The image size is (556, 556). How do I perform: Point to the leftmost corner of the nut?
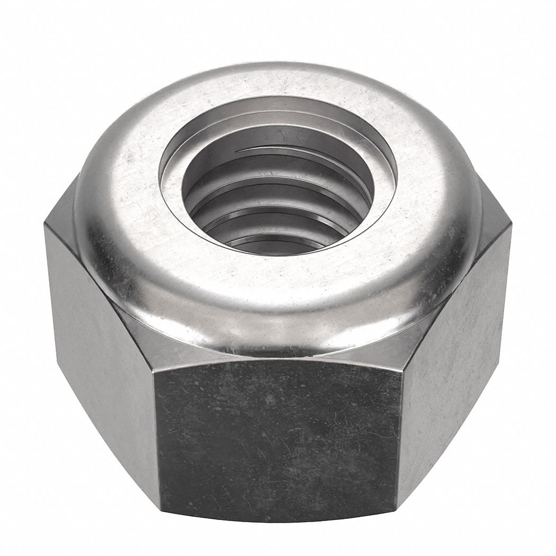point(44,225)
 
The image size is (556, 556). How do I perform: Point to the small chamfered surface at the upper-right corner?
point(495,207)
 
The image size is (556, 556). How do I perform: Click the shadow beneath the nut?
point(278,532)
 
